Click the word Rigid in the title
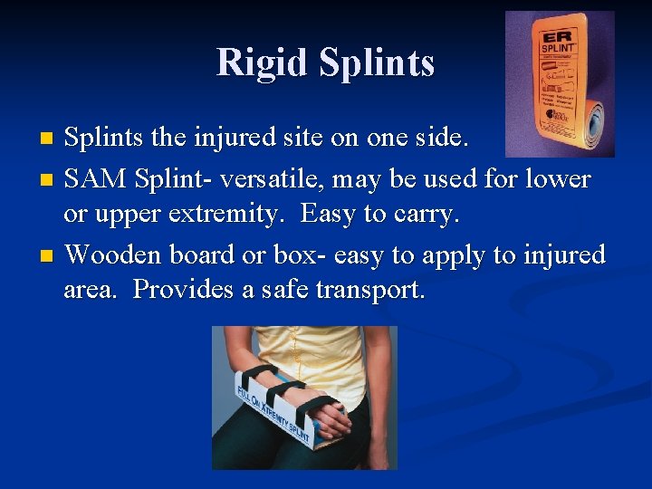pos(262,62)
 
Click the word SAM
pos(96,179)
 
